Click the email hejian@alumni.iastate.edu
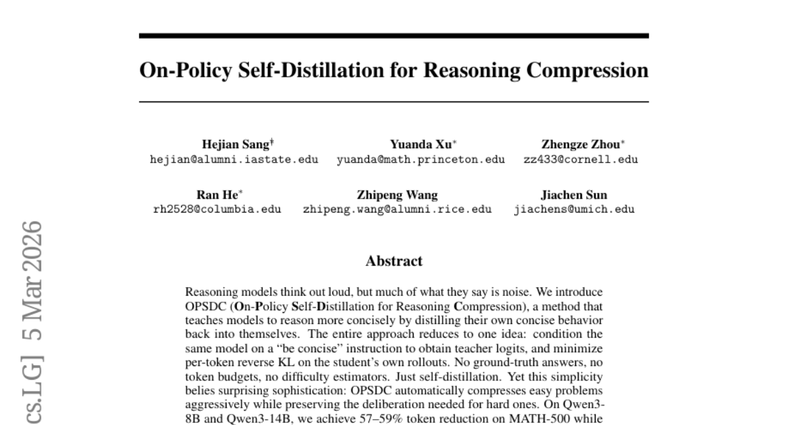234,159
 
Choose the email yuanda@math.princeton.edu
421,159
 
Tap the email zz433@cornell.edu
580,159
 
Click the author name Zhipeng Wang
397,195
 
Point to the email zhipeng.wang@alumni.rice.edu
397,209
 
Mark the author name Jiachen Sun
574,195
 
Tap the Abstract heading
394,261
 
